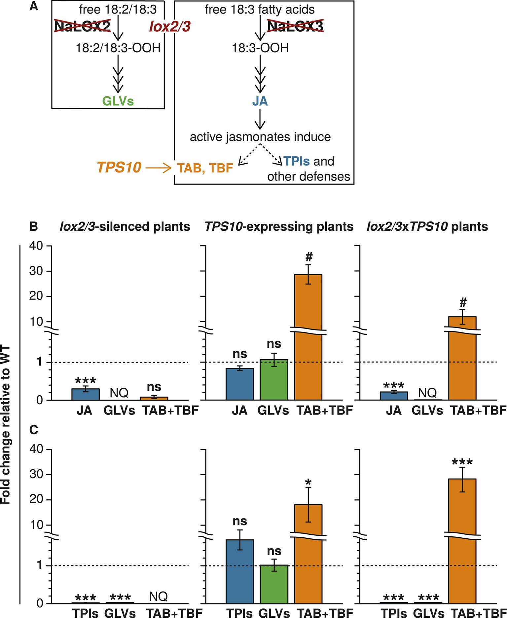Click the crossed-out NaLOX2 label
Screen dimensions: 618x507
coord(82,26)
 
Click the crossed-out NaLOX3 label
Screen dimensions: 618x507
coord(295,26)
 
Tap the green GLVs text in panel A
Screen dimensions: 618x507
coord(118,101)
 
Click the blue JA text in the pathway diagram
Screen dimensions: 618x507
coord(260,101)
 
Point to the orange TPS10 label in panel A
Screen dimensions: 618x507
coord(119,168)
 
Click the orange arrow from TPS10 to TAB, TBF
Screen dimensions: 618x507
coord(158,168)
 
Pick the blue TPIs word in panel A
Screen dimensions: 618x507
coord(296,161)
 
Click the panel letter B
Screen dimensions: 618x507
coord(34,227)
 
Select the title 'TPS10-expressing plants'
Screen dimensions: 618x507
coord(279,227)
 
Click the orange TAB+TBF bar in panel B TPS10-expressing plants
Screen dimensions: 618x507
coord(308,337)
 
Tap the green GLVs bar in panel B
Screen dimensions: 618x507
coord(274,380)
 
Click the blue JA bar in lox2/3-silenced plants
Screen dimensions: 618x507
coord(86,394)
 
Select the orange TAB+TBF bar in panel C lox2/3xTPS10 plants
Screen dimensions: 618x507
coord(462,542)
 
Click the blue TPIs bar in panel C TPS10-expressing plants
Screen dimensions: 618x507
coord(240,571)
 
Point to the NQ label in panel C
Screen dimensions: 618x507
coord(158,597)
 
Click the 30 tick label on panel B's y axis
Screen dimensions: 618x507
coord(36,271)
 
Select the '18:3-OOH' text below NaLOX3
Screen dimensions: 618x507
coord(260,48)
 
